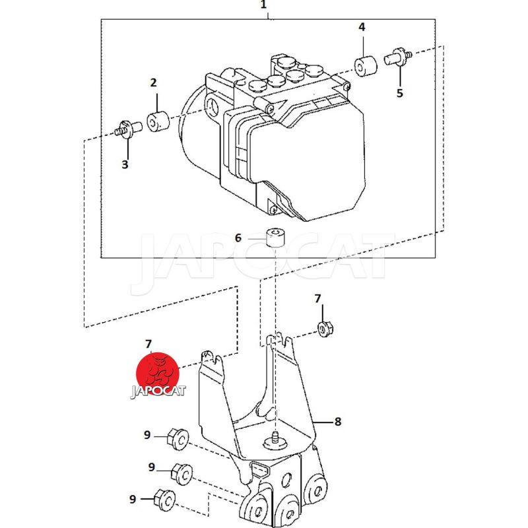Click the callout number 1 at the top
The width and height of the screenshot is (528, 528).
click(x=263, y=5)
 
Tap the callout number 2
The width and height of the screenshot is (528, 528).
click(x=154, y=82)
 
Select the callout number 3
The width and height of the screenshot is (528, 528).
click(x=125, y=164)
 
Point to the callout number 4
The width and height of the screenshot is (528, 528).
click(x=362, y=27)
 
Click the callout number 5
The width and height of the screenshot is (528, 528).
click(x=400, y=93)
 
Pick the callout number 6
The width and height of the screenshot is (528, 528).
click(x=238, y=238)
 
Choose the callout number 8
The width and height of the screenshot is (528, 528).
click(x=338, y=422)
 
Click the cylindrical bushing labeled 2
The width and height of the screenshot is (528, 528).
click(x=158, y=121)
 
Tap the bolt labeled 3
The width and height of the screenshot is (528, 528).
click(x=128, y=129)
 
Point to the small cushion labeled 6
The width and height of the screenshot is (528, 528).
click(x=275, y=237)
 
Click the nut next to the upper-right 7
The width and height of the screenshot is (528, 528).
click(x=325, y=329)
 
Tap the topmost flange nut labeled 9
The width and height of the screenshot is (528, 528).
click(x=178, y=439)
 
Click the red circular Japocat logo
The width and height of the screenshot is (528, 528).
click(x=157, y=374)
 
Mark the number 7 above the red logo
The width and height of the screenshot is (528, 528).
click(x=148, y=344)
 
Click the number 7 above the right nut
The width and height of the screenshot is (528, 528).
click(x=318, y=299)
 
